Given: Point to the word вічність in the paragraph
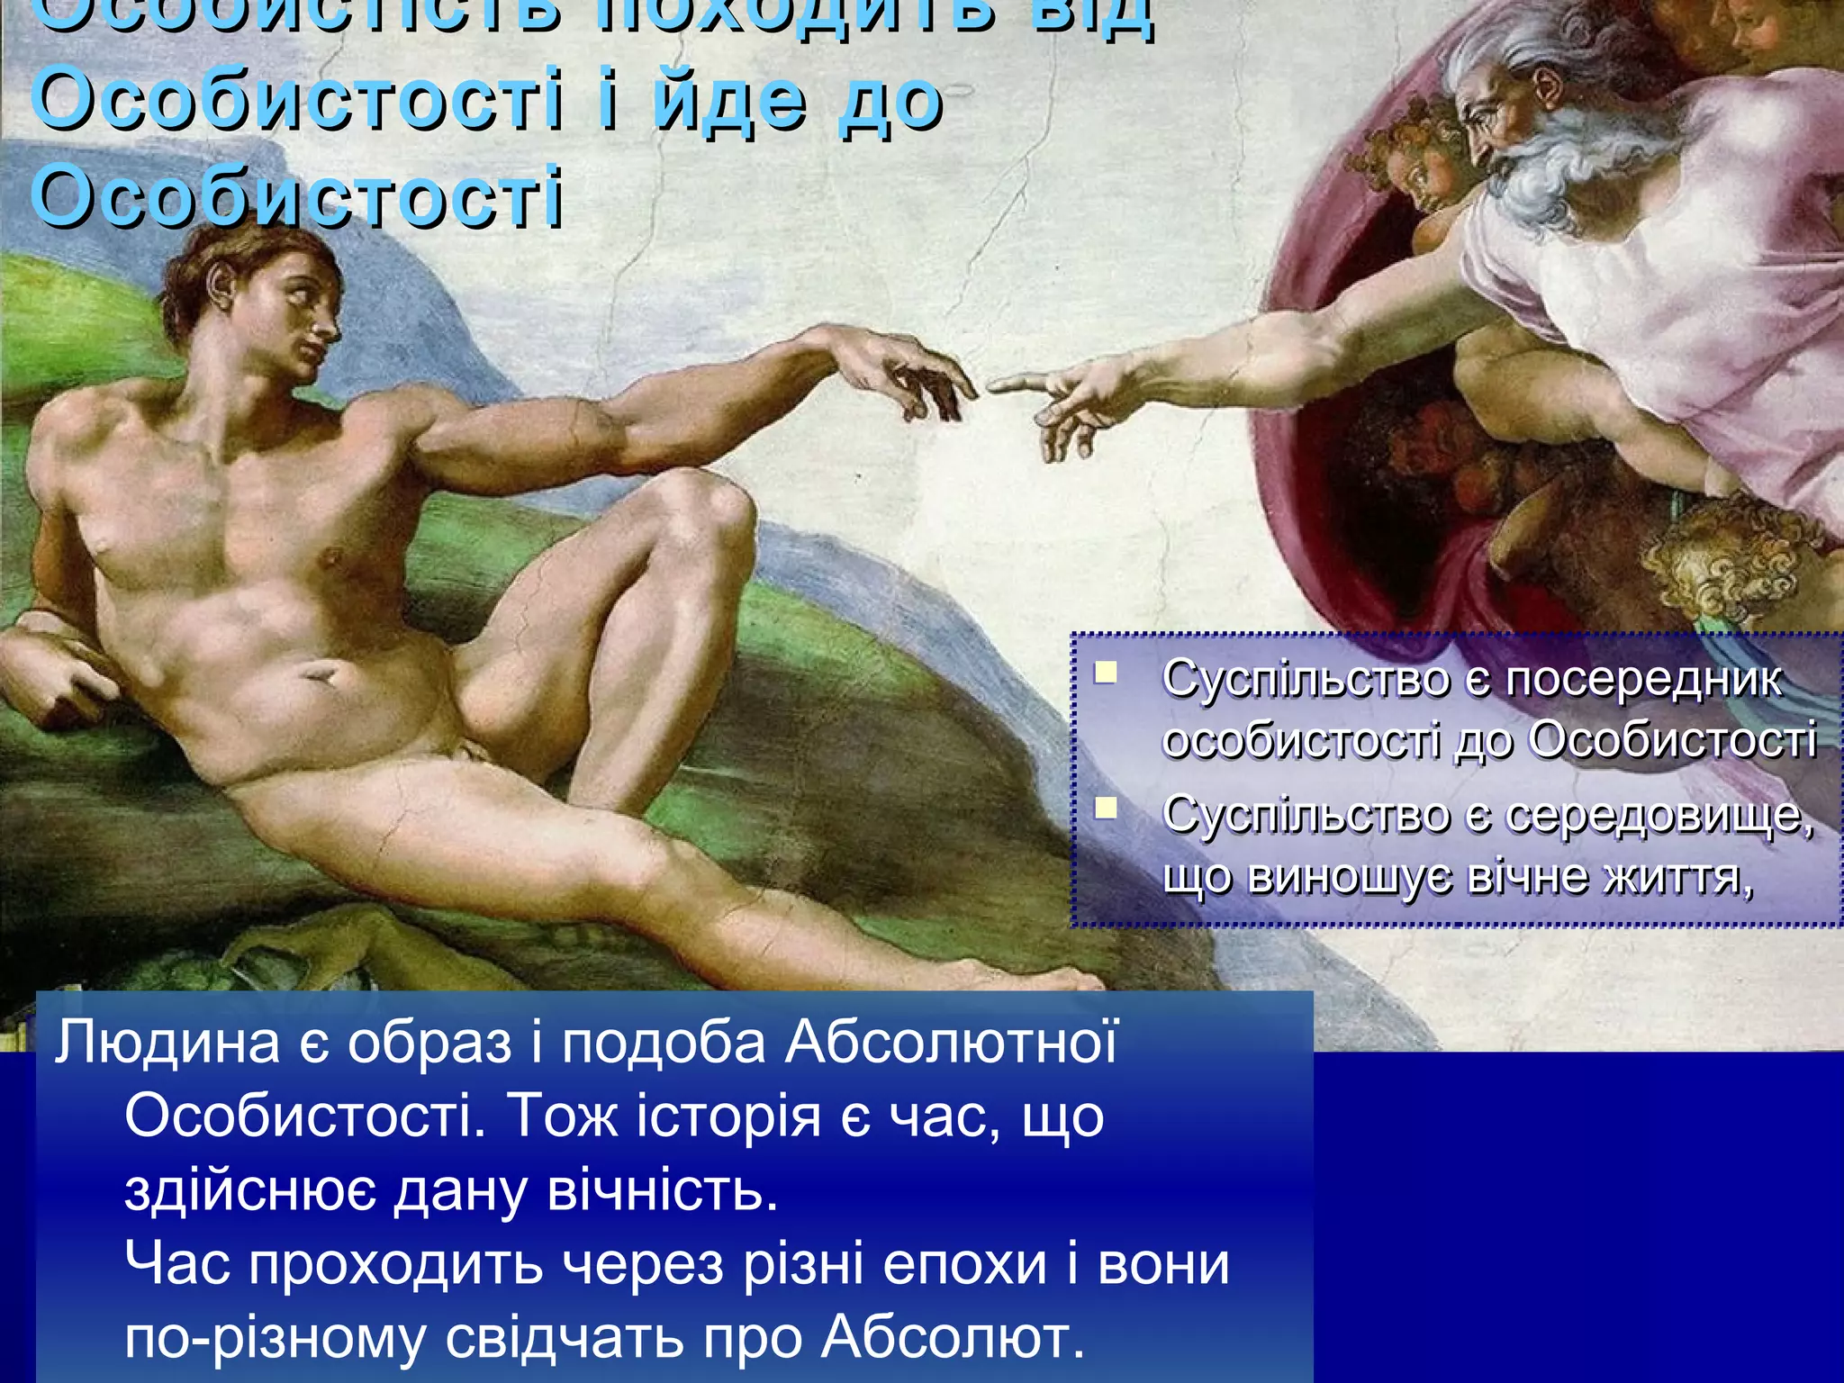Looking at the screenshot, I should coord(663,1192).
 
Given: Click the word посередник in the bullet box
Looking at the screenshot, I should coord(1643,680).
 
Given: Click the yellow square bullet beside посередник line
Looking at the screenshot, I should coord(1107,673).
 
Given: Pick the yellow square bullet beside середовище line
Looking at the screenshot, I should coord(1107,808).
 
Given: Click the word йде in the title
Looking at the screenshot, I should coord(729,101).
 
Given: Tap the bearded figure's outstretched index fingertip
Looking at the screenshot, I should coord(994,385).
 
